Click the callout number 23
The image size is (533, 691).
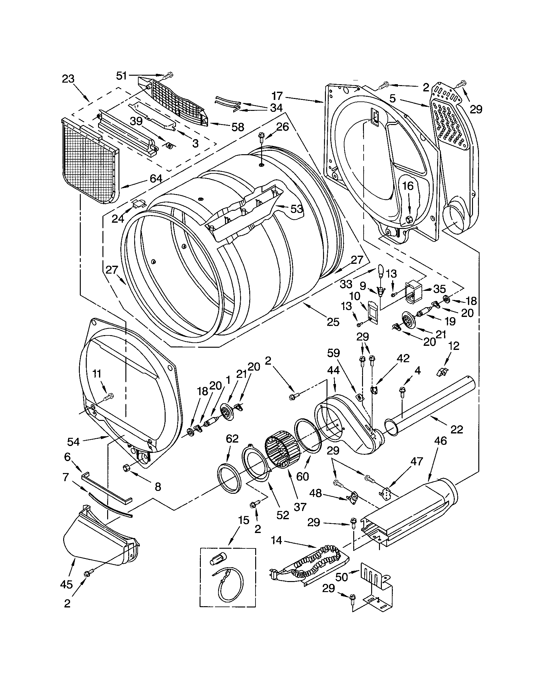68,79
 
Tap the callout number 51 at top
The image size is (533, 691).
122,76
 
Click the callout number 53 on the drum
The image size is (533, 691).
297,209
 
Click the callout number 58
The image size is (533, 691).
238,127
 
